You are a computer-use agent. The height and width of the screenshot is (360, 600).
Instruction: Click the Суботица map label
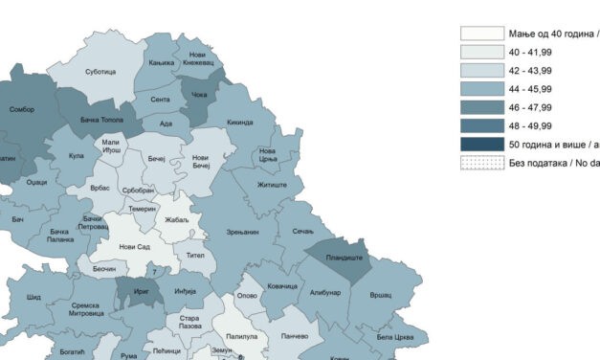click(x=100, y=72)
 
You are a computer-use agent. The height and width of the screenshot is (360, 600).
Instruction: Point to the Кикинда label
click(x=240, y=123)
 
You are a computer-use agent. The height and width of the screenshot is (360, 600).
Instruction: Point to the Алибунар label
click(x=324, y=293)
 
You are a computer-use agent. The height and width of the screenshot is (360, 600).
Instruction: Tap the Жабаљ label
click(x=177, y=221)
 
